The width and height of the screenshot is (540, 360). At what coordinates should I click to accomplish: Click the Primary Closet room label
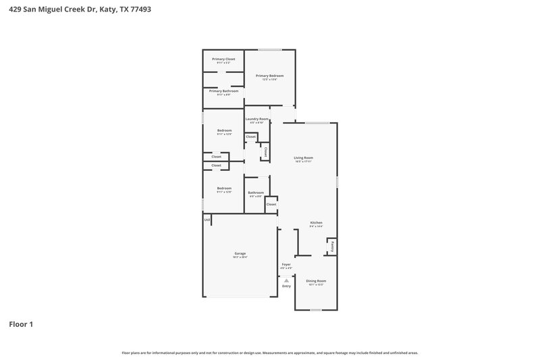(223, 59)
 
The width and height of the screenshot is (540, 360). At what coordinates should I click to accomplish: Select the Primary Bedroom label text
(269, 76)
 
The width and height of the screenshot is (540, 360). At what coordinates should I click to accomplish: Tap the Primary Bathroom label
(223, 91)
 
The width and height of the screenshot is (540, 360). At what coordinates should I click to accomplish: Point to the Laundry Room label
(257, 119)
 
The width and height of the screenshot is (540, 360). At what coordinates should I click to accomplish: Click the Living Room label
(304, 158)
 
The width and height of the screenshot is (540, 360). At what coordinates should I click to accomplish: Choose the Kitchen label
(316, 223)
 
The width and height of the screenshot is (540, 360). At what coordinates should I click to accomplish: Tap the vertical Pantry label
(332, 247)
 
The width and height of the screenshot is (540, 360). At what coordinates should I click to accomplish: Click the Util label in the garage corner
(207, 220)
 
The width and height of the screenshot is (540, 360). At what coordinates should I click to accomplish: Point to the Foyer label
(286, 265)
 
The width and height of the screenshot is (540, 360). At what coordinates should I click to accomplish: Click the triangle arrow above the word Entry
(286, 280)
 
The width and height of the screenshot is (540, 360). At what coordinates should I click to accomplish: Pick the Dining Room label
(316, 281)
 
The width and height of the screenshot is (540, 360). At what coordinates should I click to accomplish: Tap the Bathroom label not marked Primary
(256, 192)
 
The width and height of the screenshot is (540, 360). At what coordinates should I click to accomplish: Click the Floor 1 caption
(21, 324)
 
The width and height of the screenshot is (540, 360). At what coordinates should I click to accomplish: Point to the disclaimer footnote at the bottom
(270, 353)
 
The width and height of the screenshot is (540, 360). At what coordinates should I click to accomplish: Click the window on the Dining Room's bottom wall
(316, 310)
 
